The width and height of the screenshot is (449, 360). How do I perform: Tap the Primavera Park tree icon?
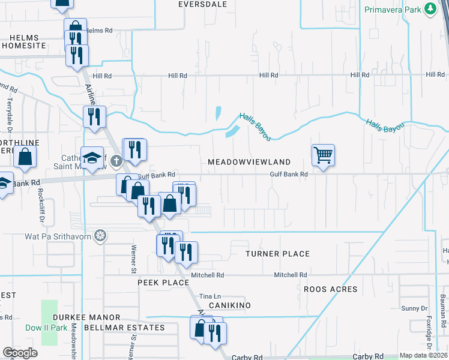[x=430, y=9]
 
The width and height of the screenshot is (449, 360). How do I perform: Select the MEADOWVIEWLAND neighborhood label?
[x=249, y=162]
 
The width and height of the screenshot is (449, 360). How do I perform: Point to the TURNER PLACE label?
[x=278, y=254]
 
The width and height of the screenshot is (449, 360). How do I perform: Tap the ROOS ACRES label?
[x=330, y=289]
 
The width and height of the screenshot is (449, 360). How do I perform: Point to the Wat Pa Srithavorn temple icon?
[x=101, y=235]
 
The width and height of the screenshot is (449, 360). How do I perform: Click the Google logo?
[x=20, y=353]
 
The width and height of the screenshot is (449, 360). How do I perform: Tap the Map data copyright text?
[x=423, y=355]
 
